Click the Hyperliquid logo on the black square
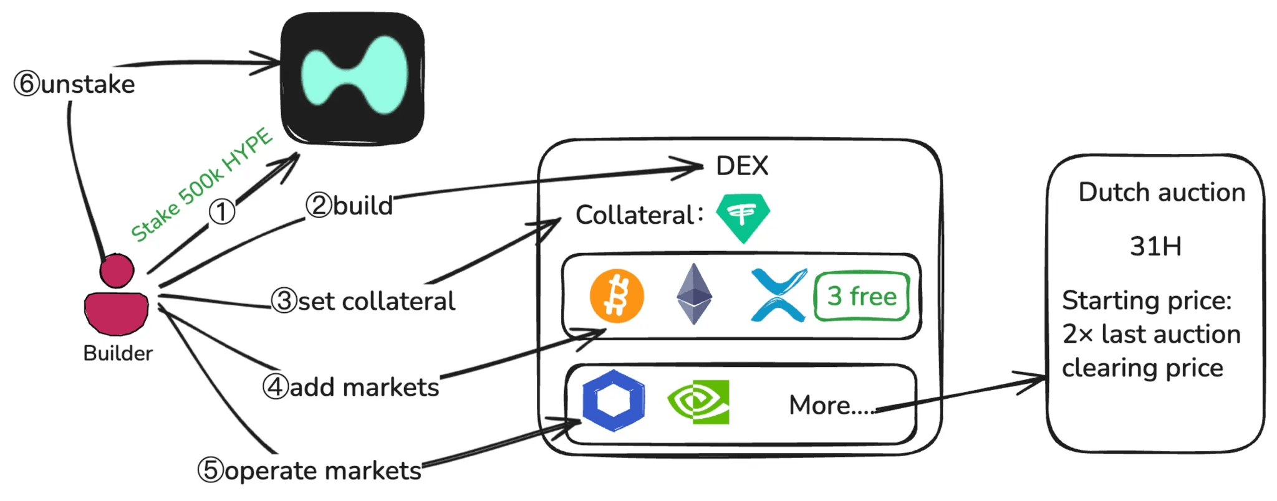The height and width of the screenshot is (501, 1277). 354,76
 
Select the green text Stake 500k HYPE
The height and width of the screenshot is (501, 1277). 201,185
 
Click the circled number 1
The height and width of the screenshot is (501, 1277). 221,212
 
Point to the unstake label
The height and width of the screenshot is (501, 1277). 75,84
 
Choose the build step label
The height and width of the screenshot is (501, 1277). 349,205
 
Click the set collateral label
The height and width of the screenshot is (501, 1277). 364,301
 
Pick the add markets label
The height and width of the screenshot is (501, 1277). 351,387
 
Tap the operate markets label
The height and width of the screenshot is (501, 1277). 310,470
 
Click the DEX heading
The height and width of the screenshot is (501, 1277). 742,166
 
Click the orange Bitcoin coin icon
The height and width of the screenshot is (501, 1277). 617,296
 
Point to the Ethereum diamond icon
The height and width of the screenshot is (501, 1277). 694,294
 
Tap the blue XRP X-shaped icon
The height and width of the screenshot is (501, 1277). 778,295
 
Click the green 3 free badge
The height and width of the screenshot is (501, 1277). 862,296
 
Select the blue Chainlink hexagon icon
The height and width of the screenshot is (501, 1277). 614,401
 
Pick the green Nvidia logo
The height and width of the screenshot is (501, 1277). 698,402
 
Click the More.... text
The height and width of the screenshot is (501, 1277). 832,405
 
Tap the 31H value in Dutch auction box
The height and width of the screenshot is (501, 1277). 1155,246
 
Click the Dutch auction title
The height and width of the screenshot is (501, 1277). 1162,193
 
